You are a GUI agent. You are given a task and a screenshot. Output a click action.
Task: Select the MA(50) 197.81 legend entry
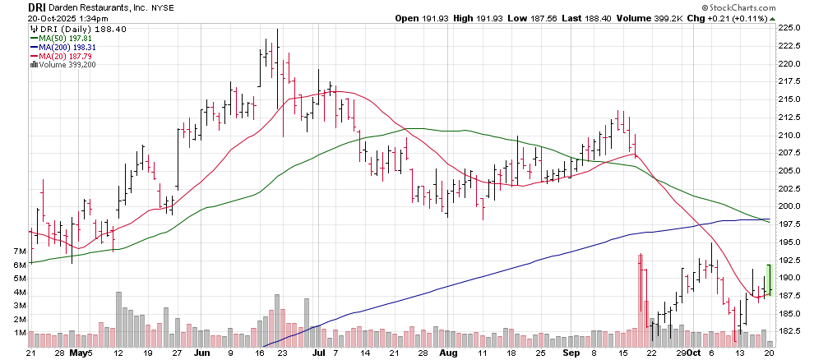tap(62, 38)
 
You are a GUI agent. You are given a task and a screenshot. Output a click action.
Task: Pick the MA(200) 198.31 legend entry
tap(65, 48)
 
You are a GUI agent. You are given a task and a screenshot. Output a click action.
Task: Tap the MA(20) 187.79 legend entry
tap(62, 57)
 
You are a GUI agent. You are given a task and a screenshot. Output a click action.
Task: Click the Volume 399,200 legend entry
tap(63, 66)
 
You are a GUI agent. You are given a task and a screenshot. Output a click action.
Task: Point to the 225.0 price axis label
tap(791, 27)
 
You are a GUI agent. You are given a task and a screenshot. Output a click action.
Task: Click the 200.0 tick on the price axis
tap(791, 206)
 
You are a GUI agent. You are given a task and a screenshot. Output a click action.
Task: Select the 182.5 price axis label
tap(791, 331)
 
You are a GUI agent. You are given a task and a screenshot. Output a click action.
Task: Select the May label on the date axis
tap(79, 353)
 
